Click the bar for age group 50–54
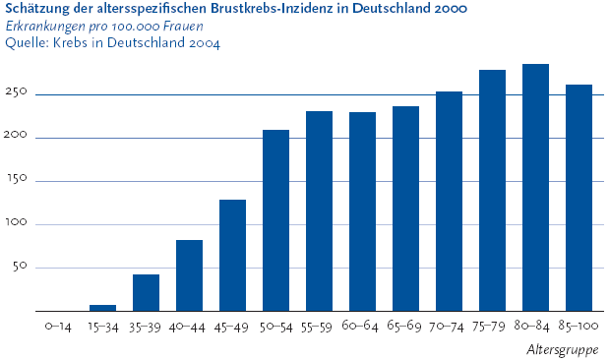click(x=275, y=220)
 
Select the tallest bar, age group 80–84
click(x=535, y=188)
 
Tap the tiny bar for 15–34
click(x=102, y=308)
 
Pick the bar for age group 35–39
click(x=146, y=293)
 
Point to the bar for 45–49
click(x=232, y=255)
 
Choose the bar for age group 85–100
click(x=579, y=198)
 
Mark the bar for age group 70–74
click(x=449, y=202)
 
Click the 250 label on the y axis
click(x=16, y=92)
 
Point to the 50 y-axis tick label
click(x=20, y=266)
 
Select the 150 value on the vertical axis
click(x=16, y=179)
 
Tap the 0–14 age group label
click(x=58, y=327)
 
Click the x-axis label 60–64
click(x=360, y=326)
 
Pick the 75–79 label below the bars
click(x=489, y=327)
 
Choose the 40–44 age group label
click(x=187, y=328)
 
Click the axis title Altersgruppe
click(x=563, y=350)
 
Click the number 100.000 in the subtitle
click(x=135, y=27)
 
